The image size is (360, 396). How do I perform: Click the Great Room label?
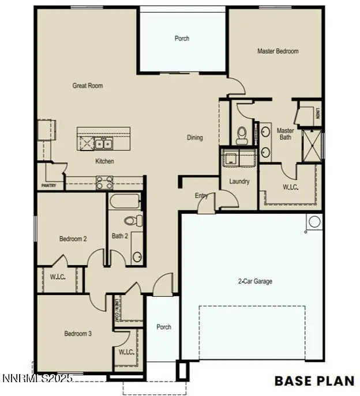point(88,86)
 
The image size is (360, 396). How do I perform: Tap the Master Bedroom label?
point(277,51)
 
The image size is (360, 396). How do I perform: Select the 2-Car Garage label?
point(255,282)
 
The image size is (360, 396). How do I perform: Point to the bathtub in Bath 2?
point(125,202)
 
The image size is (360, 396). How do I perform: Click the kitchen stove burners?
point(104,182)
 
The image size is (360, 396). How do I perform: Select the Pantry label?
point(49,186)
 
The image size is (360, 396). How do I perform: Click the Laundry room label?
point(239,182)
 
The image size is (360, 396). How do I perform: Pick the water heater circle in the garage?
point(314,222)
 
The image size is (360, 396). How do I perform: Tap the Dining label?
point(195,138)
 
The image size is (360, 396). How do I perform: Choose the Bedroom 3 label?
point(78,334)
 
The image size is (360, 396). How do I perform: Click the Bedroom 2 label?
point(73,238)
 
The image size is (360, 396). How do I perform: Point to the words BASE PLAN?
point(314,380)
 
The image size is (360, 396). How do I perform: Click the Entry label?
point(201,196)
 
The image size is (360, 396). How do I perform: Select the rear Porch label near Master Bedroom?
point(182,39)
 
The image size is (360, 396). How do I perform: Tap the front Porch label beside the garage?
point(164,327)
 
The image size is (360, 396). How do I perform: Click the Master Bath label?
point(285,134)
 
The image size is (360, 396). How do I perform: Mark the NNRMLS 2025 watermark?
point(38,378)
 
